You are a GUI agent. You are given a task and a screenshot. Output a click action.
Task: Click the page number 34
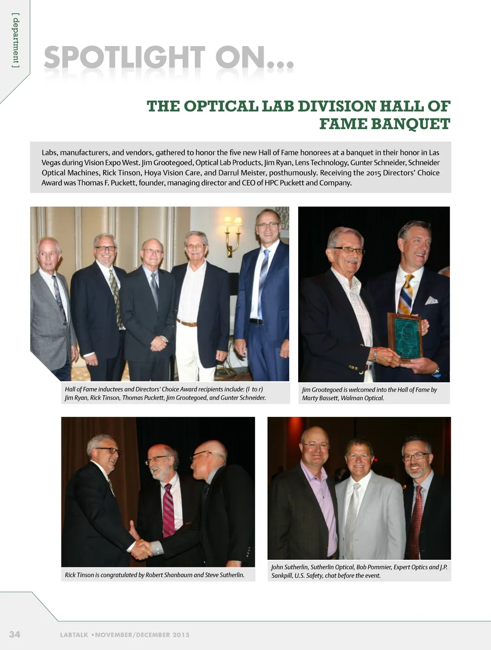coord(14,634)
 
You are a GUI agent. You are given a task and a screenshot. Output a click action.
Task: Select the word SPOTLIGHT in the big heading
coord(124,59)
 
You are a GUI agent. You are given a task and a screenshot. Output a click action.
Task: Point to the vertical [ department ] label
coord(16,41)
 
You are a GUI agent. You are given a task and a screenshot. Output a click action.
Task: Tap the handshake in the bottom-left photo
coord(141,548)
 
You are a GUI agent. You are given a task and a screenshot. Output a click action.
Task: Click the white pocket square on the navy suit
coord(432,300)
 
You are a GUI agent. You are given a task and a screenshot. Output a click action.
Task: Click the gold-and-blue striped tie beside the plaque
coord(406,295)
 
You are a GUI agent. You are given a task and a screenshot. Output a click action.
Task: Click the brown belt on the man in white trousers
coord(187,323)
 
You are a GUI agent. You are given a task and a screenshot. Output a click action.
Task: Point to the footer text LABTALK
coord(74,635)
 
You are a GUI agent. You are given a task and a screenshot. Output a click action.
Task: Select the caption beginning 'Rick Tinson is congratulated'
coord(154,575)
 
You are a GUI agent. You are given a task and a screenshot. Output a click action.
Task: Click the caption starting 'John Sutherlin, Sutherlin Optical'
coord(359,571)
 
